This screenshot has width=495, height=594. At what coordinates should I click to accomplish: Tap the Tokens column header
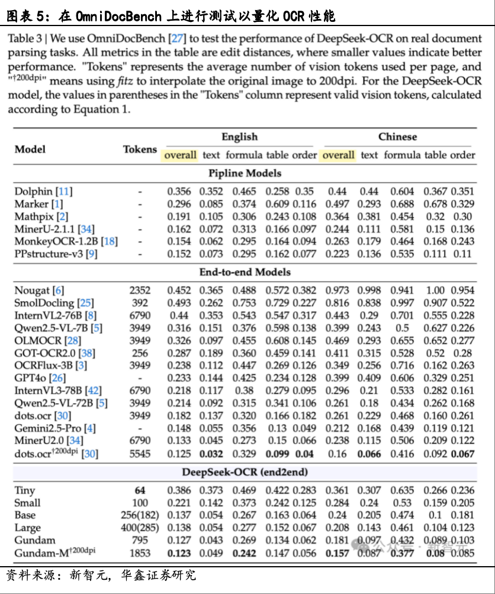pos(140,149)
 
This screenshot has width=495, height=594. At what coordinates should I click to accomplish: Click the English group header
pos(239,137)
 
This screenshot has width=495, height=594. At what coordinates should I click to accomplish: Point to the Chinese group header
pos(397,137)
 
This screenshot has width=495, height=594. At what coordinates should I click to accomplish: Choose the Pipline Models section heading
pos(245,174)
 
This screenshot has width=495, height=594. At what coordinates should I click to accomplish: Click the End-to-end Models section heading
pos(245,272)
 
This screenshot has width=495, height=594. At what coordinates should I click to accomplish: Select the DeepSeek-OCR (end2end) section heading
pos(245,472)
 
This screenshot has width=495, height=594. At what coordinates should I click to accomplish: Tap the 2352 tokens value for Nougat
pos(140,290)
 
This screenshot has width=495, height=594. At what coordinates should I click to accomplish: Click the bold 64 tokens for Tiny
pos(140,490)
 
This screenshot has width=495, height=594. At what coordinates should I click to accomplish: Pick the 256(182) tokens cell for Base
pos(140,515)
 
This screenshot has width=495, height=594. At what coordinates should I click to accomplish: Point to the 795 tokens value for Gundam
pos(140,540)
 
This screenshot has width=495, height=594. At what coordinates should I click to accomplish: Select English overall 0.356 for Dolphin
pos(179,191)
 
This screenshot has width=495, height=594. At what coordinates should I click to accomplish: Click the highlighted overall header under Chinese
pos(338,155)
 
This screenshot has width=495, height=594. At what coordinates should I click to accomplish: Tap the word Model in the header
pos(30,149)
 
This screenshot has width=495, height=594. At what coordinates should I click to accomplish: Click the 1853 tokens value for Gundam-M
pos(140,553)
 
